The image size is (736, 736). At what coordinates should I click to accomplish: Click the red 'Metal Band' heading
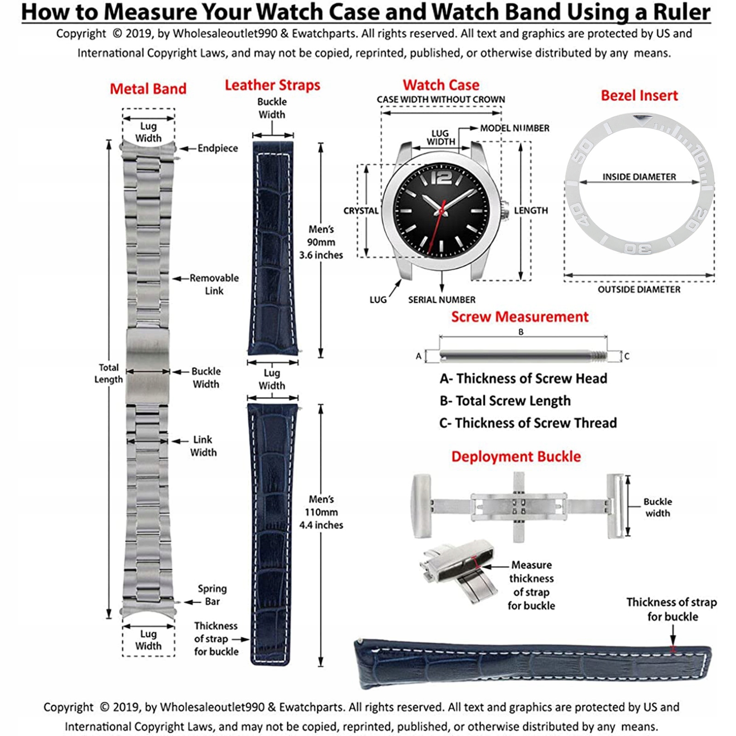click(148, 89)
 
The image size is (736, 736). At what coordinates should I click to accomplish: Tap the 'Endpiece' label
click(218, 148)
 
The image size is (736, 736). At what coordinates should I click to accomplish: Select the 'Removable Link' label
click(214, 284)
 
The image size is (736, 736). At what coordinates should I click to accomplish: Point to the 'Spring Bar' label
click(212, 595)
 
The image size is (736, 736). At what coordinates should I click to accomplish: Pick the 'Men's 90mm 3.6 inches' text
click(321, 242)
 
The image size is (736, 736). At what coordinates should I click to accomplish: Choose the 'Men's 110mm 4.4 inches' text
click(321, 512)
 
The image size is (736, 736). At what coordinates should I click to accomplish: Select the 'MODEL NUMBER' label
click(514, 128)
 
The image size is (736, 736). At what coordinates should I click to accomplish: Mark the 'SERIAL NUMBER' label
click(442, 300)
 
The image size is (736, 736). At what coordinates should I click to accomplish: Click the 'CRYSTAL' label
click(361, 211)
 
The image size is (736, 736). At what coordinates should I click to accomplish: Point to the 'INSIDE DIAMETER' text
click(639, 177)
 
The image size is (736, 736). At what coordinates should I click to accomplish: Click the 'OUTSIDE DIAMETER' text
click(639, 290)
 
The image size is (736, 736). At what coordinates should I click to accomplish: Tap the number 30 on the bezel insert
click(638, 248)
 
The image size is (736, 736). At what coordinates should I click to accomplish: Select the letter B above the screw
click(521, 332)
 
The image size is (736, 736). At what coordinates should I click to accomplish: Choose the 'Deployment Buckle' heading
click(516, 456)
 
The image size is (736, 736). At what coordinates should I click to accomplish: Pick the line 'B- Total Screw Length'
click(505, 401)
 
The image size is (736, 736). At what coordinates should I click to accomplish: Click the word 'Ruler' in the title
click(680, 12)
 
